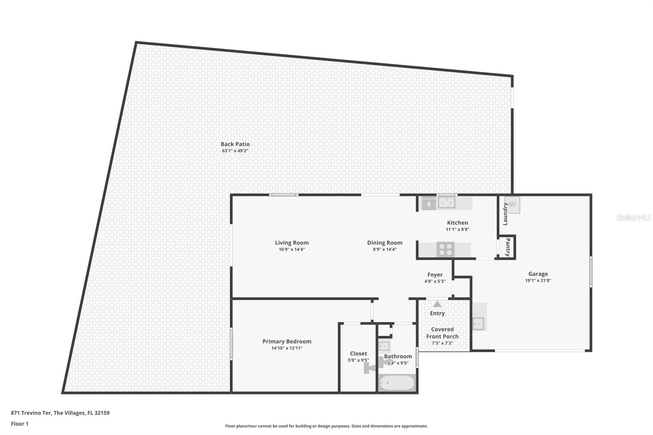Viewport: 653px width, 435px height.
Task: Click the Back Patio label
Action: click(235, 144)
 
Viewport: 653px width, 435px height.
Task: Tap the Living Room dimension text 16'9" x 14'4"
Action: click(291, 249)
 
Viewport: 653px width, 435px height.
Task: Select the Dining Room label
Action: click(384, 243)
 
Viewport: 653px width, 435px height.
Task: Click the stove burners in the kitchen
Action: click(445, 250)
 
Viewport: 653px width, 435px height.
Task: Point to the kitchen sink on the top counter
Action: click(446, 202)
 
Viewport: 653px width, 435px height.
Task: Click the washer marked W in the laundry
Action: click(513, 205)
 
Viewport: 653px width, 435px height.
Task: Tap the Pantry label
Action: click(508, 247)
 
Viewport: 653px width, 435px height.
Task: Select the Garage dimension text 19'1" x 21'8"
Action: click(538, 281)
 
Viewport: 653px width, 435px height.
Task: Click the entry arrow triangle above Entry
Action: click(437, 304)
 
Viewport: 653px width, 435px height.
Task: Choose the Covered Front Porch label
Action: click(442, 333)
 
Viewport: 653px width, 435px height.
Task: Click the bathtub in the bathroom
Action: click(397, 383)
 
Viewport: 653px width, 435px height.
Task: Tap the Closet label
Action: click(358, 354)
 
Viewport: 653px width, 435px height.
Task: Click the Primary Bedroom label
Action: click(287, 342)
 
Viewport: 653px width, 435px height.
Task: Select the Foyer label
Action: click(435, 275)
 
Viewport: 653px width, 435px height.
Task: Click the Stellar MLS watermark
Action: click(633, 218)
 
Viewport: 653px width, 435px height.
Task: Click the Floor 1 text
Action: click(20, 424)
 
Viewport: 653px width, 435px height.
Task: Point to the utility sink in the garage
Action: click(478, 323)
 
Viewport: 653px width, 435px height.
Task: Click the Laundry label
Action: click(505, 214)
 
